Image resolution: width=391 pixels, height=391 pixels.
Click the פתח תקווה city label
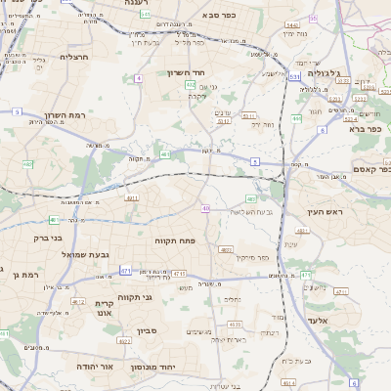tap(173, 239)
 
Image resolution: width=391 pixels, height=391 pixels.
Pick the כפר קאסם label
tap(370, 168)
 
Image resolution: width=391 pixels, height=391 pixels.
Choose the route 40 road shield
tap(205, 208)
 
